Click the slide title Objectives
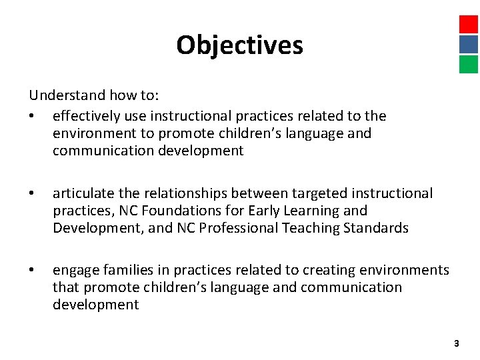point(239,45)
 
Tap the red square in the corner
point(469,24)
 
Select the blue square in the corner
point(469,44)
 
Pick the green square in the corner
point(469,64)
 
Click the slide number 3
point(456,343)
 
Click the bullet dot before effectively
point(32,117)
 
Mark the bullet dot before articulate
point(32,194)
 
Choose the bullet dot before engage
point(32,271)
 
